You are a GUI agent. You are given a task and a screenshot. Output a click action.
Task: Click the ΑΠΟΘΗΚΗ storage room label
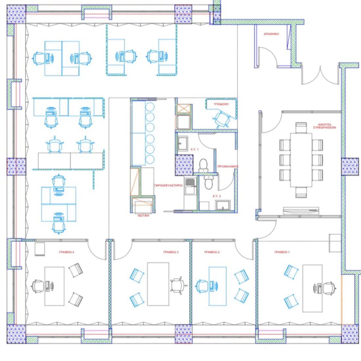pyautogui.click(x=271, y=34)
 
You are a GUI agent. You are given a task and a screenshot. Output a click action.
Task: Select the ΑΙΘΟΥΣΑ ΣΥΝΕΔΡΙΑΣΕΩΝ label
pyautogui.click(x=324, y=126)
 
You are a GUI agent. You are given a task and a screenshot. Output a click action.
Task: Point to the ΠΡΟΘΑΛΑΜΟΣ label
pyautogui.click(x=228, y=167)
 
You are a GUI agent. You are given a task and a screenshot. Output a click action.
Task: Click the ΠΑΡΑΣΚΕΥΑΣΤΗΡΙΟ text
pyautogui.click(x=168, y=185)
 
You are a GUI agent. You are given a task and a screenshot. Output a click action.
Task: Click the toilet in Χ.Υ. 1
pyautogui.click(x=203, y=164)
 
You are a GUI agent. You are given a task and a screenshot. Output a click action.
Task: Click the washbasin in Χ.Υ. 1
pyautogui.click(x=182, y=143)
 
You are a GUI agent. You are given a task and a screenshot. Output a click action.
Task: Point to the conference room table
pyautogui.click(x=301, y=159)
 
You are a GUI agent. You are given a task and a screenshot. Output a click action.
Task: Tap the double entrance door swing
pyautogui.click(x=320, y=76)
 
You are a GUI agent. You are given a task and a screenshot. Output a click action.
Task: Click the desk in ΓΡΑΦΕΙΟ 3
pyautogui.click(x=158, y=284)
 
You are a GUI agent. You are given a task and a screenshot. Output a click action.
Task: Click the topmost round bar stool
pyautogui.click(x=150, y=107)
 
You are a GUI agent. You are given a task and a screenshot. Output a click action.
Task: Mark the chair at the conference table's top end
pyautogui.click(x=301, y=127)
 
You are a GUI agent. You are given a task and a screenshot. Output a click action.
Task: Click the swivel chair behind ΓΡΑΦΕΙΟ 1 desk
pyautogui.click(x=329, y=288)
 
